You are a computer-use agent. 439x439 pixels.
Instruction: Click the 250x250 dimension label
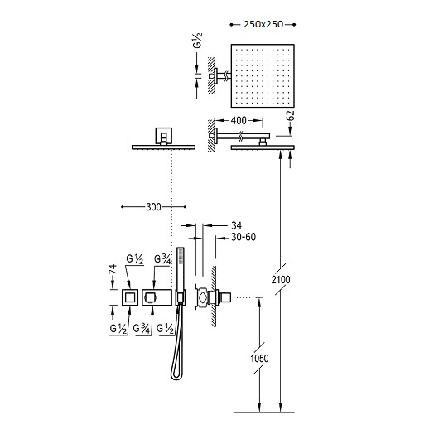(x=263, y=24)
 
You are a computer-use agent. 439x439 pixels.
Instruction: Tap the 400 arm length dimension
(x=239, y=121)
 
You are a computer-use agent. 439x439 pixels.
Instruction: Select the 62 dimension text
(x=292, y=116)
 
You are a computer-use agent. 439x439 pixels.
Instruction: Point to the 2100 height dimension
(x=281, y=279)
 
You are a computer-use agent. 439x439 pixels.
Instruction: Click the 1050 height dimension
(x=259, y=358)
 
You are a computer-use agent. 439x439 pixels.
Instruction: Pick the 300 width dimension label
(x=154, y=207)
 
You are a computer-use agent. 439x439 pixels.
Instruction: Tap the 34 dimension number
(x=237, y=225)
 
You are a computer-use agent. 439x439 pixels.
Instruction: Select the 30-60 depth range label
(x=244, y=237)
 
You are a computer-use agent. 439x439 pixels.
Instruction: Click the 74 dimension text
(x=113, y=269)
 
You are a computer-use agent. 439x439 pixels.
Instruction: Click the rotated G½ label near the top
(x=198, y=41)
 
